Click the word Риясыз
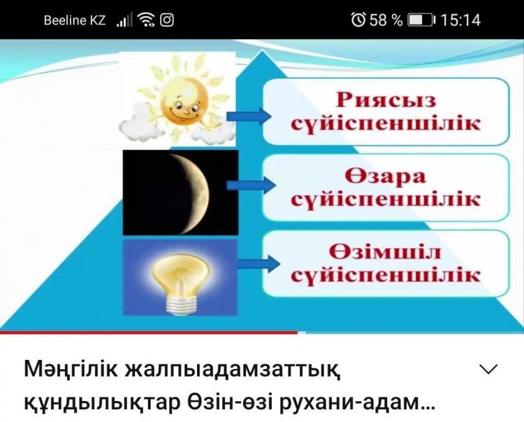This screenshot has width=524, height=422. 386,100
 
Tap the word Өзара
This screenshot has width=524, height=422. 385,176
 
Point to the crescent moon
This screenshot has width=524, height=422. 197,193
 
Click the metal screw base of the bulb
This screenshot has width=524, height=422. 181,305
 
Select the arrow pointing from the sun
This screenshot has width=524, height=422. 249,116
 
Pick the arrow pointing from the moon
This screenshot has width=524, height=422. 251,185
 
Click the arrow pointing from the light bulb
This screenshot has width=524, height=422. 259,264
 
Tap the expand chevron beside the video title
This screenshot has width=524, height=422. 488,369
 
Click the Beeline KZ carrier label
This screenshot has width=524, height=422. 75,20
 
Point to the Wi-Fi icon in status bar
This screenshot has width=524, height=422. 147,20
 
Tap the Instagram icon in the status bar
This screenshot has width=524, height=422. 167,20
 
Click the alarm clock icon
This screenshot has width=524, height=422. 358,20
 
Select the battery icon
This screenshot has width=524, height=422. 422,20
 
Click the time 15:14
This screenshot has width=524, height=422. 461,20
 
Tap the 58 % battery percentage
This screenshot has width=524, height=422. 386,20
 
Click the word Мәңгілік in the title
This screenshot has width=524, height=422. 71,370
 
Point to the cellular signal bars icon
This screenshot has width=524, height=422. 124,20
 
